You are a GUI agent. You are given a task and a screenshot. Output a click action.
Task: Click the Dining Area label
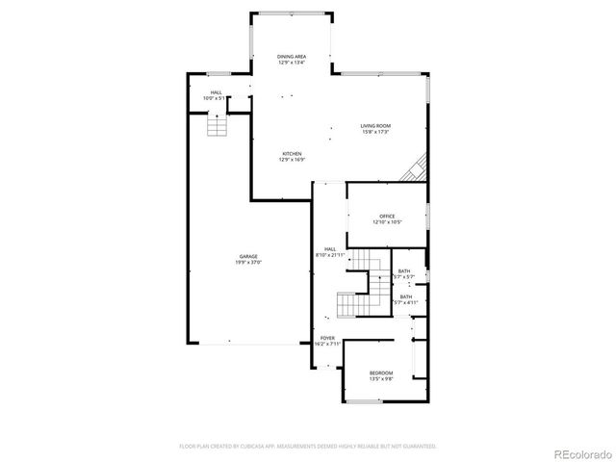click(x=292, y=57)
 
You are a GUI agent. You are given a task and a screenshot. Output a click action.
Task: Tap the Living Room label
click(x=375, y=126)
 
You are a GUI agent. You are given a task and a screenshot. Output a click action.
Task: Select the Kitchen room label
click(x=292, y=154)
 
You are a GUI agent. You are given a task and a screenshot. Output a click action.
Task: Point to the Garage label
click(x=248, y=256)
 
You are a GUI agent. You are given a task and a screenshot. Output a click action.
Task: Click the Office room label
click(x=387, y=217)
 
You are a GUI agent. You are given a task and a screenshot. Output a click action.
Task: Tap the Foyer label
click(x=327, y=338)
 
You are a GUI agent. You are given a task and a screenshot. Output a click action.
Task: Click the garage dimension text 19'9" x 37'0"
click(x=248, y=262)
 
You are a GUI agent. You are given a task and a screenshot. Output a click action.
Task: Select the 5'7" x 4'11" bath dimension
click(x=405, y=302)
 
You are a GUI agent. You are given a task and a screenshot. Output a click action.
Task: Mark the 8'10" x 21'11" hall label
click(x=330, y=255)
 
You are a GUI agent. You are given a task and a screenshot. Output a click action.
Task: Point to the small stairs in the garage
click(x=218, y=125)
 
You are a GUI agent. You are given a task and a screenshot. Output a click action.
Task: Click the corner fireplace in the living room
click(x=416, y=170)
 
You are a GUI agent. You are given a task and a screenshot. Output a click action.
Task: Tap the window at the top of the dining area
click(x=293, y=13)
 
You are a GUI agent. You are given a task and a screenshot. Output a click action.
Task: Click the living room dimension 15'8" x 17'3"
click(x=375, y=132)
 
